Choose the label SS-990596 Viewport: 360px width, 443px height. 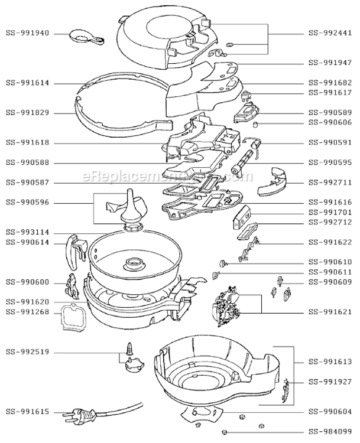[x=28, y=203]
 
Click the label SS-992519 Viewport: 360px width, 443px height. [x=28, y=353]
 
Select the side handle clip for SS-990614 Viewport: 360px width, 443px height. [x=74, y=249]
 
